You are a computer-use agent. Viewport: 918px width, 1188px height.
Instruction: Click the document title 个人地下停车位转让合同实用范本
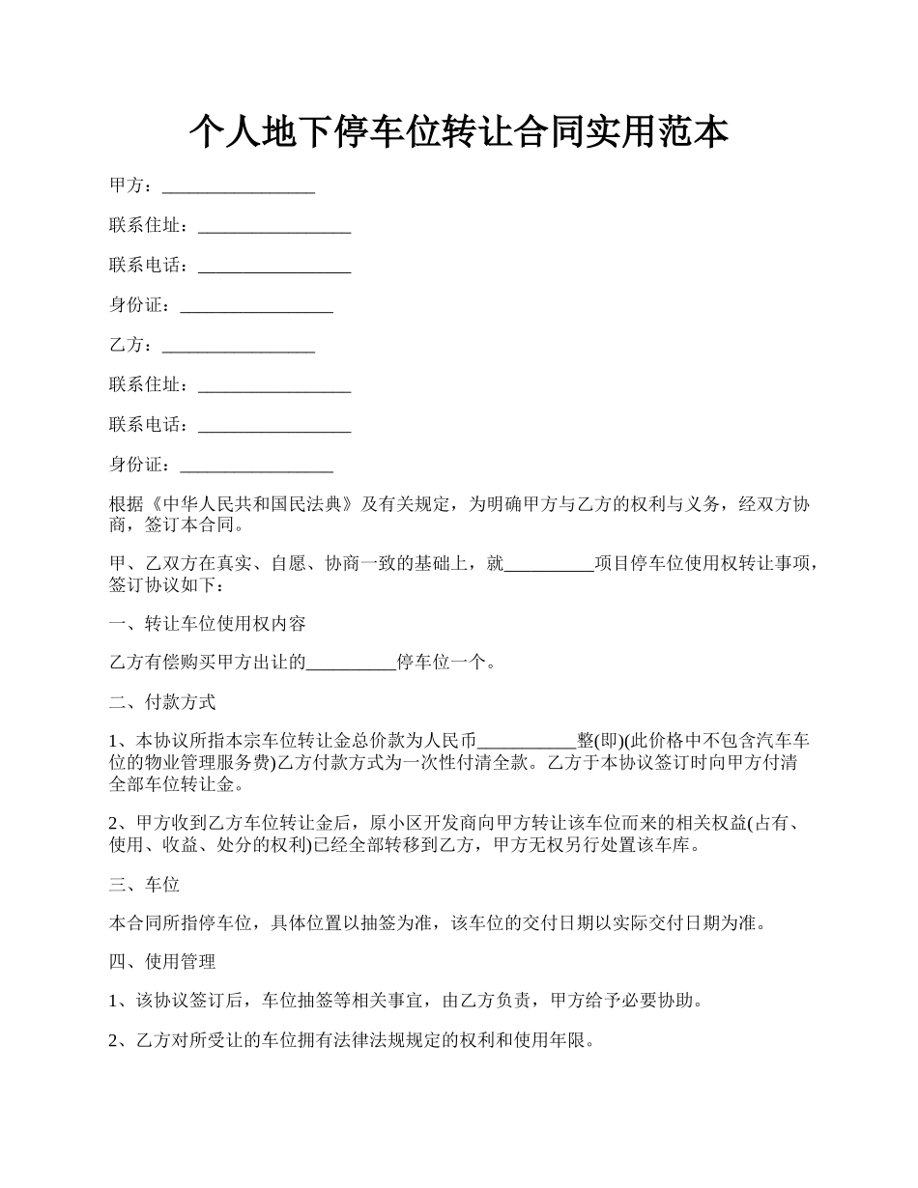pyautogui.click(x=458, y=132)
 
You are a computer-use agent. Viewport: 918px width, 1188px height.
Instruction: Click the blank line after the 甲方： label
pyautogui.click(x=239, y=187)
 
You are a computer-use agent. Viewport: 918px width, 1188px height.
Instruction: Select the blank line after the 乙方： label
pyautogui.click(x=239, y=346)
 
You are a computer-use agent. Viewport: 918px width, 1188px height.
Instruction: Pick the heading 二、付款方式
pyautogui.click(x=163, y=702)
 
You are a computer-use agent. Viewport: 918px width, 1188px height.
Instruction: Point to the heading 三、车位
pyautogui.click(x=145, y=884)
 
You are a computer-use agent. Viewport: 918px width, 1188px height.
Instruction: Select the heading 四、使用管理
pyautogui.click(x=163, y=962)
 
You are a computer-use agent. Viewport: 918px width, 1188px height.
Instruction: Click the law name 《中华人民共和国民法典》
pyautogui.click(x=251, y=504)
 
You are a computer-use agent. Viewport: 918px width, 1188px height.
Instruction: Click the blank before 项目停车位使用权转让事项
pyautogui.click(x=550, y=565)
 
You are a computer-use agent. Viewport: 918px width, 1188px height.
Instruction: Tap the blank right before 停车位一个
pyautogui.click(x=351, y=663)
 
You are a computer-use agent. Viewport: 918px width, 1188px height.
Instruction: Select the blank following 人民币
pyautogui.click(x=527, y=741)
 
